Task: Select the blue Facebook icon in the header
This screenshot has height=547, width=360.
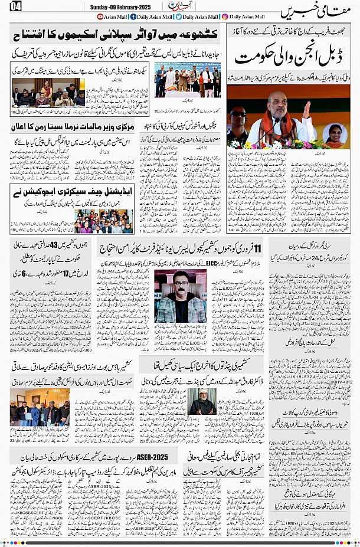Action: click(133, 17)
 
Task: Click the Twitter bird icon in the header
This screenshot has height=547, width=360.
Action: click(179, 17)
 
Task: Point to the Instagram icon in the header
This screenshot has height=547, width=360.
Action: click(225, 17)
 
